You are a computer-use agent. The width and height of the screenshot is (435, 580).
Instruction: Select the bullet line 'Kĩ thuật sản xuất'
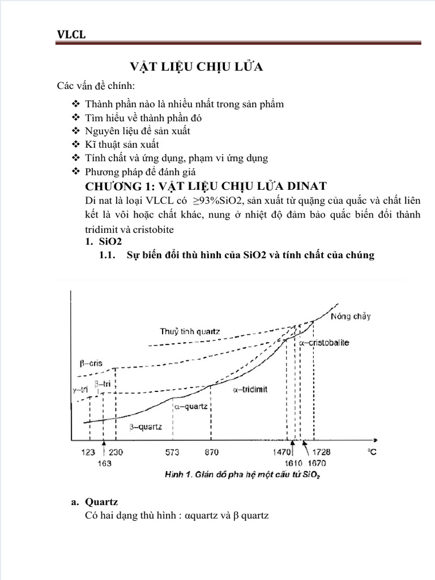coord(122,144)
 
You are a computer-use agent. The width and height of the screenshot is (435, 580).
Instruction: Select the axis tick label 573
coord(173,452)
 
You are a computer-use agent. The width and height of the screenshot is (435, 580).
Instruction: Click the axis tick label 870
coord(211,452)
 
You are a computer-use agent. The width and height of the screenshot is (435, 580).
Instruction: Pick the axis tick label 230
coord(117,452)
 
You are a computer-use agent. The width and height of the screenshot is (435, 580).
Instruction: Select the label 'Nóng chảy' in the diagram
coord(351,316)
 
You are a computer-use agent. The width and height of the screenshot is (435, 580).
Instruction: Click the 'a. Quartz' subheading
coord(97,501)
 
